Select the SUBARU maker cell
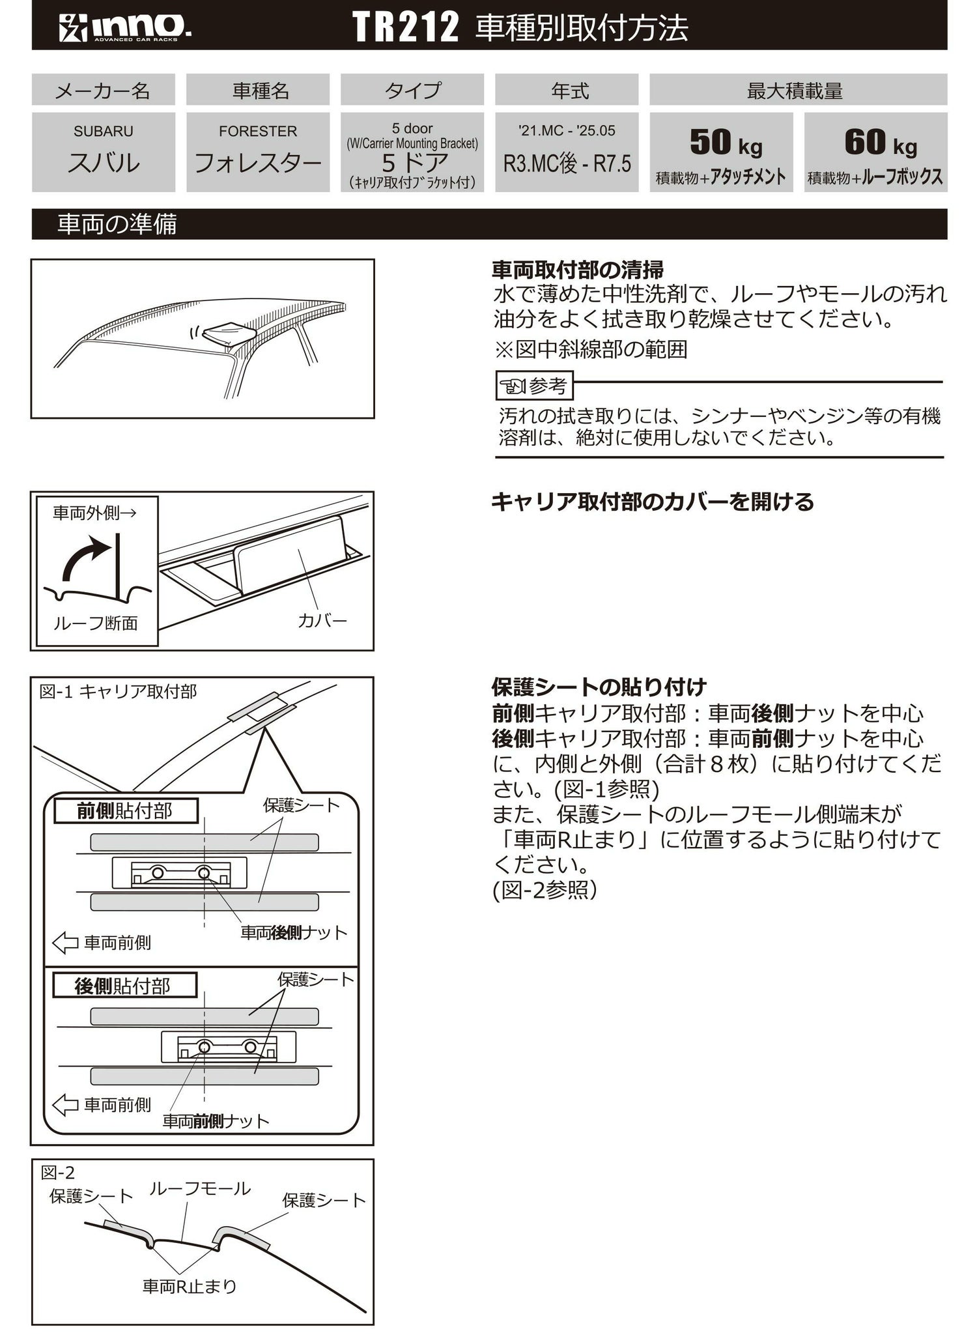click(x=104, y=152)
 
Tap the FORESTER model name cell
click(x=258, y=152)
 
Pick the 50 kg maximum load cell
click(x=721, y=152)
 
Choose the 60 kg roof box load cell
click(x=875, y=152)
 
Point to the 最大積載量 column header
click(x=795, y=90)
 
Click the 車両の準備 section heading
click(x=117, y=224)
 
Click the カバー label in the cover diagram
click(x=322, y=620)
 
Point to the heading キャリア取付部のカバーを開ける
click(x=652, y=502)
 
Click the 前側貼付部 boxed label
click(x=125, y=811)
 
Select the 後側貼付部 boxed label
click(x=124, y=986)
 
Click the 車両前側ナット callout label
click(x=216, y=1121)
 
